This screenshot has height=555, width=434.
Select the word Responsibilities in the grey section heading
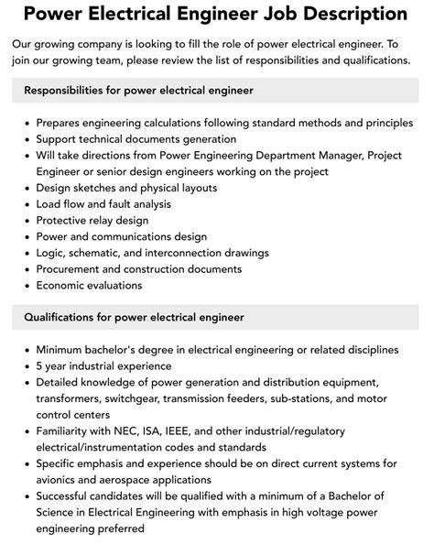pos(75,91)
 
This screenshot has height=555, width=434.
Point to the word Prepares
pos(63,122)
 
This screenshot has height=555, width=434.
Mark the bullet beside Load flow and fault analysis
pos(26,204)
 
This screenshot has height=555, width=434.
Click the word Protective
pos(66,221)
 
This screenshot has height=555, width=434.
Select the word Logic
pos(52,253)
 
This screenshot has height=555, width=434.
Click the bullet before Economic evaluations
pos(26,286)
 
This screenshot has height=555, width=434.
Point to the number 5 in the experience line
pos(40,365)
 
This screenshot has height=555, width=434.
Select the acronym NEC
pos(116,431)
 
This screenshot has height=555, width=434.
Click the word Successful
pos(70,496)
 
